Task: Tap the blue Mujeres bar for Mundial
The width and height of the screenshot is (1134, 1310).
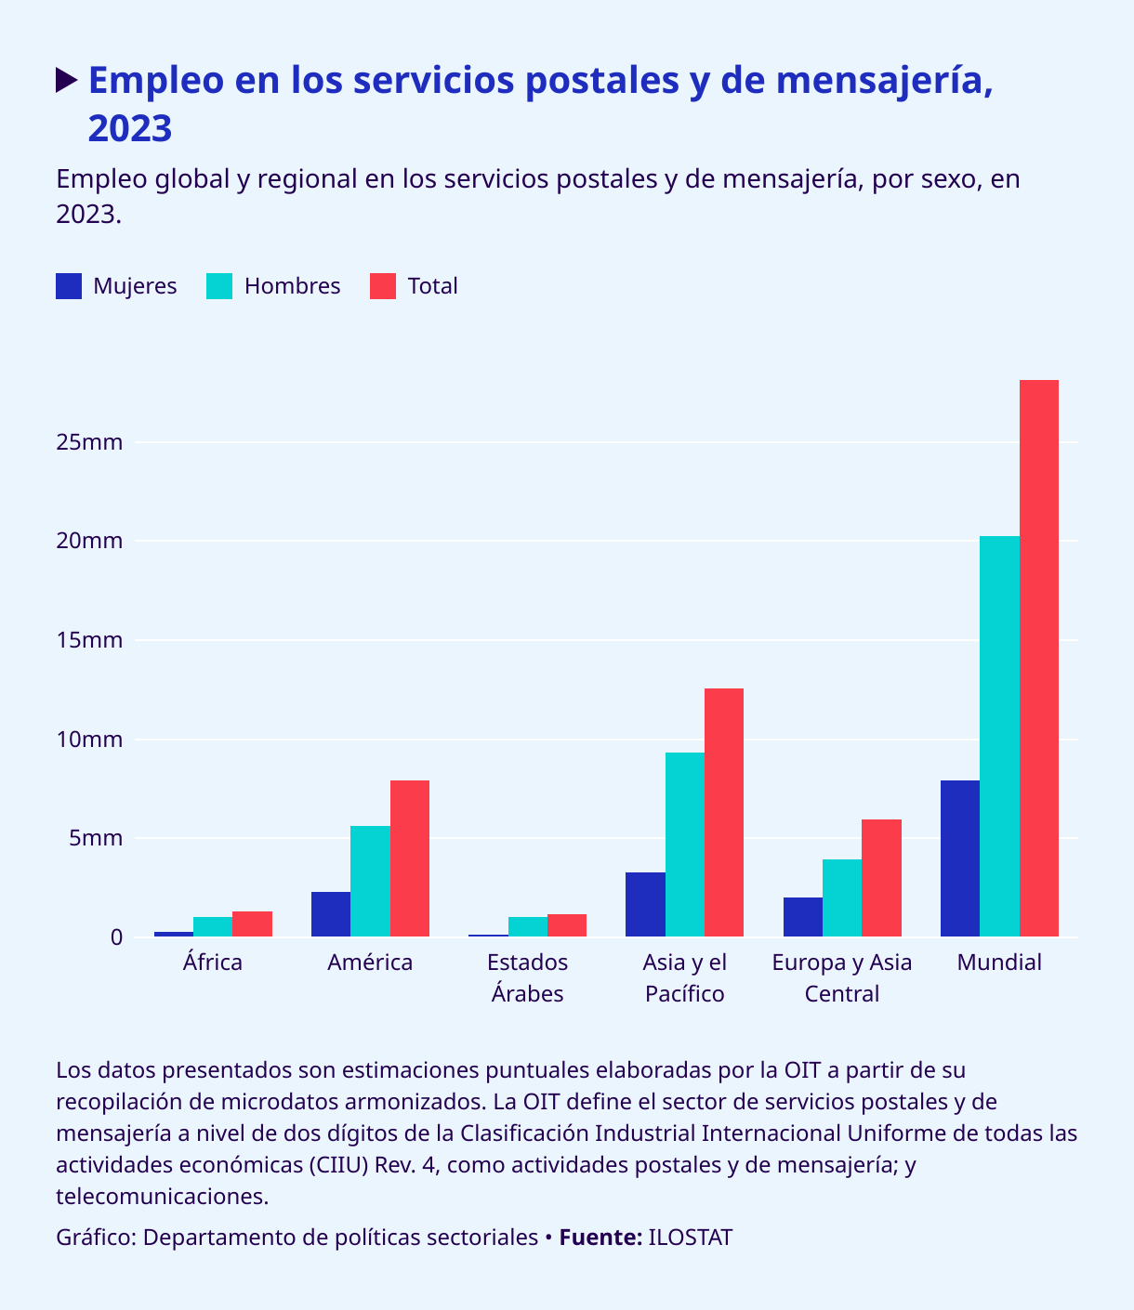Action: pyautogui.click(x=960, y=858)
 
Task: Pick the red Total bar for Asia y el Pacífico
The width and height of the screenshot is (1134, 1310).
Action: pyautogui.click(x=724, y=812)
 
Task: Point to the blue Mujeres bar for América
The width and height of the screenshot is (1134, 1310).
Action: pyautogui.click(x=331, y=914)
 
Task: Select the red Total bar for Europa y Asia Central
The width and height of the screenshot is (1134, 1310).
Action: pyautogui.click(x=881, y=878)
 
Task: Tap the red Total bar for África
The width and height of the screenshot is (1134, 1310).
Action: pyautogui.click(x=252, y=924)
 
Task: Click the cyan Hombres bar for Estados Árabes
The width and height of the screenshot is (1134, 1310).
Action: pyautogui.click(x=528, y=927)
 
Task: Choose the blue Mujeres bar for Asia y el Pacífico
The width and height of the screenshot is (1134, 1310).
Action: pyautogui.click(x=645, y=904)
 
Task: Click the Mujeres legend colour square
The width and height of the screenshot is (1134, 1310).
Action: pyautogui.click(x=69, y=286)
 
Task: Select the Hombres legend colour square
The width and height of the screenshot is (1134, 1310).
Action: pyautogui.click(x=219, y=286)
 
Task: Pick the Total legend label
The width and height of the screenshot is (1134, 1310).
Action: pyautogui.click(x=432, y=286)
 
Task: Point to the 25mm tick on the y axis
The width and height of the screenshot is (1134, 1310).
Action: pyautogui.click(x=89, y=442)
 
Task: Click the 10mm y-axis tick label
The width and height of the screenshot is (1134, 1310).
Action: pyautogui.click(x=89, y=740)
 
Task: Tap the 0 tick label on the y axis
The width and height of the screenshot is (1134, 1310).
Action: pyautogui.click(x=116, y=937)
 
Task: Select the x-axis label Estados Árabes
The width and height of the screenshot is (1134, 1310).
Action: pyautogui.click(x=528, y=977)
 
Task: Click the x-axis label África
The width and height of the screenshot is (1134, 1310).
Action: pyautogui.click(x=213, y=963)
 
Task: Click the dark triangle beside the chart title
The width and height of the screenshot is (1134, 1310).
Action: pyautogui.click(x=66, y=80)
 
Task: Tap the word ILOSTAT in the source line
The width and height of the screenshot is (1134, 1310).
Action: pyautogui.click(x=690, y=1238)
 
